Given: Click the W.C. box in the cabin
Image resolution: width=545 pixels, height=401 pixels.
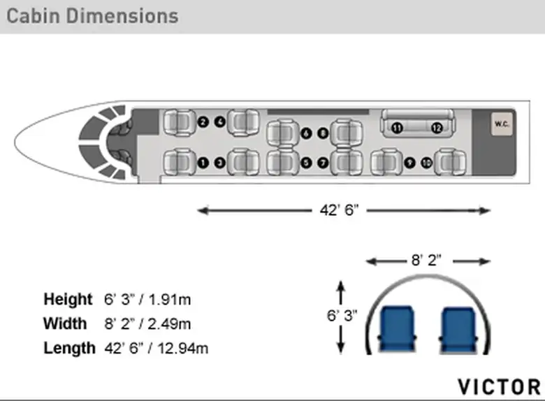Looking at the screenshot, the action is [x=502, y=124].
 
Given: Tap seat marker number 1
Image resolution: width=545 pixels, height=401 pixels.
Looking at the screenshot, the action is [x=203, y=163].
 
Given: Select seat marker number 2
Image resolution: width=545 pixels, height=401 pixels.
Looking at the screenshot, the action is [x=203, y=122].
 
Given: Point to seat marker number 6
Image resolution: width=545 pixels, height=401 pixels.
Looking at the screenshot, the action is [x=306, y=133].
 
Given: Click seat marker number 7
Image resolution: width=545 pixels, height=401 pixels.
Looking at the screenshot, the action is [x=323, y=163].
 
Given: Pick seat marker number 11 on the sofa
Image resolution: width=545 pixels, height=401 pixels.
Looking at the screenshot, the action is [x=397, y=128].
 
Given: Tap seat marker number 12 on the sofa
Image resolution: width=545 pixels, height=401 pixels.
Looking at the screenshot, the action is [x=437, y=128].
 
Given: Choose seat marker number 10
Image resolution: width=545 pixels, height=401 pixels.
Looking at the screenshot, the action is [x=426, y=163].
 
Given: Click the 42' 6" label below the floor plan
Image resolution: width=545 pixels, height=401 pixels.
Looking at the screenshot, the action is [x=339, y=210].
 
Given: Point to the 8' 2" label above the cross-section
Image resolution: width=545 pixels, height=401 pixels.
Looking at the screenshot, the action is [x=426, y=260].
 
